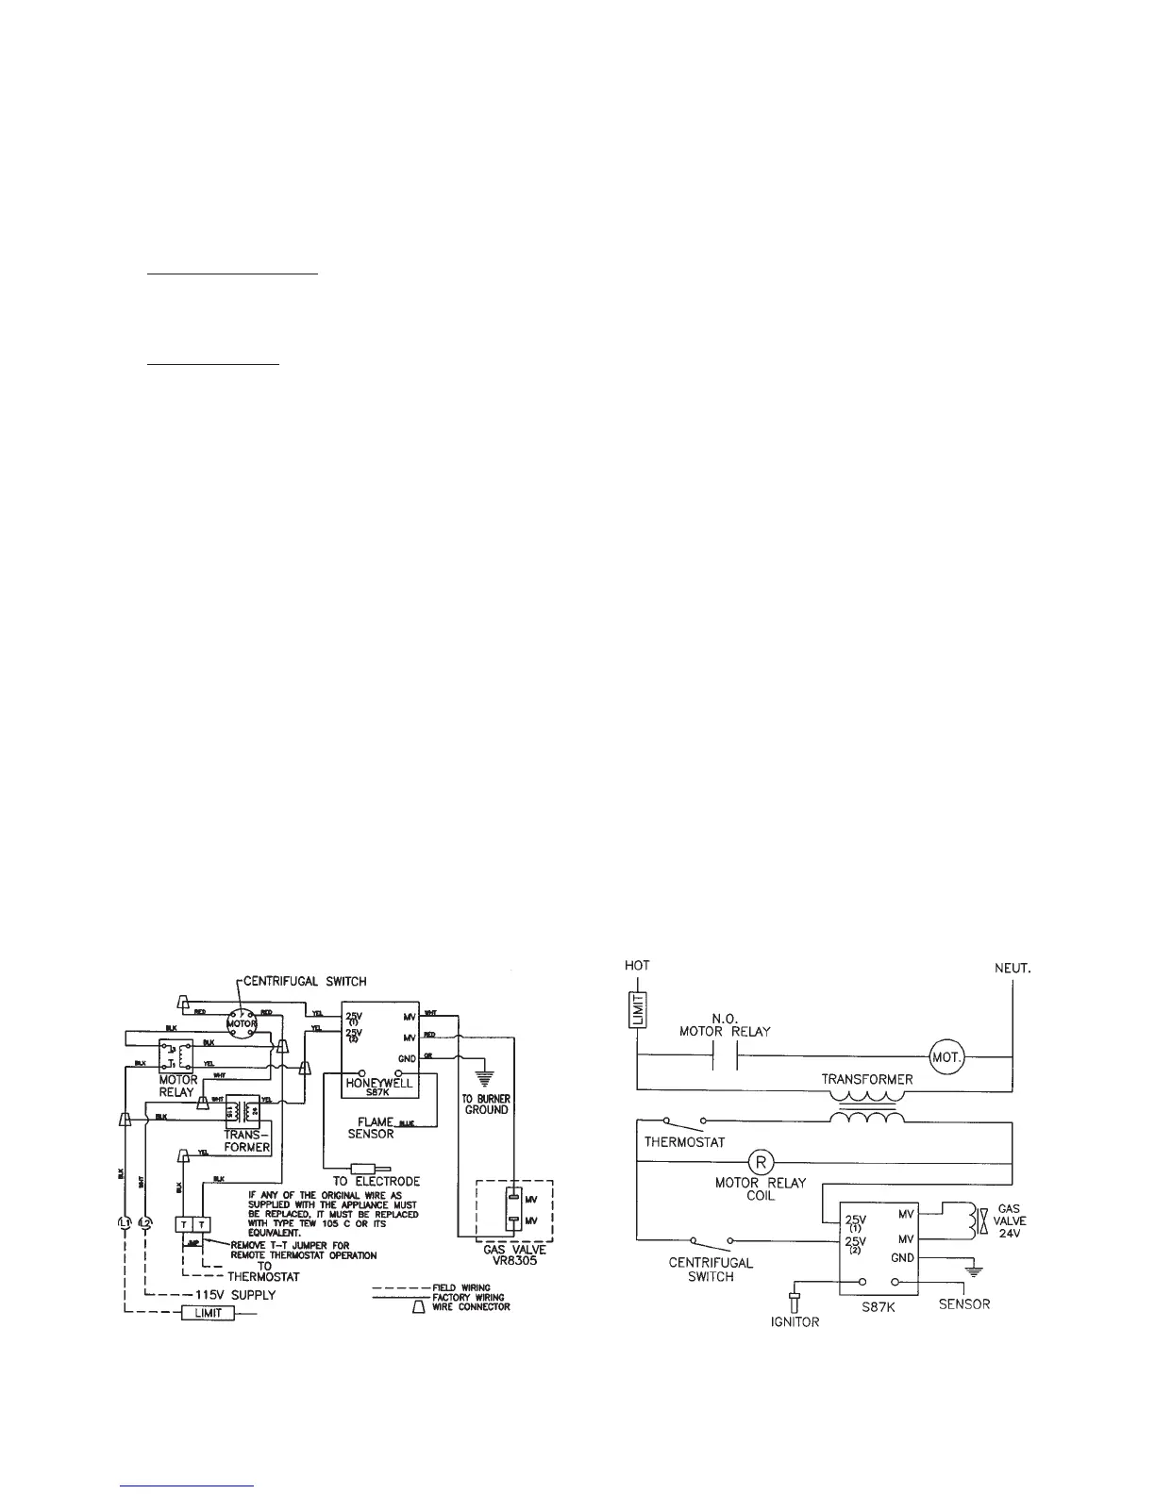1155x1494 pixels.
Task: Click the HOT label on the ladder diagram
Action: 639,965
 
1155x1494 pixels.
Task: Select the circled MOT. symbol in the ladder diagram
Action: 946,1054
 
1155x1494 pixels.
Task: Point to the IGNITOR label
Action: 790,1322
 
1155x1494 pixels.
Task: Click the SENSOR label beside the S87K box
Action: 964,1304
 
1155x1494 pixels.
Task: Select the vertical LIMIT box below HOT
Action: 640,1008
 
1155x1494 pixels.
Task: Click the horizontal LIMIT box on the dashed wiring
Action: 208,1313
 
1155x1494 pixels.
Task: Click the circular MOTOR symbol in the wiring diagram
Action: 241,1021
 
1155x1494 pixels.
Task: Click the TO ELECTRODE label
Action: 376,1181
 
